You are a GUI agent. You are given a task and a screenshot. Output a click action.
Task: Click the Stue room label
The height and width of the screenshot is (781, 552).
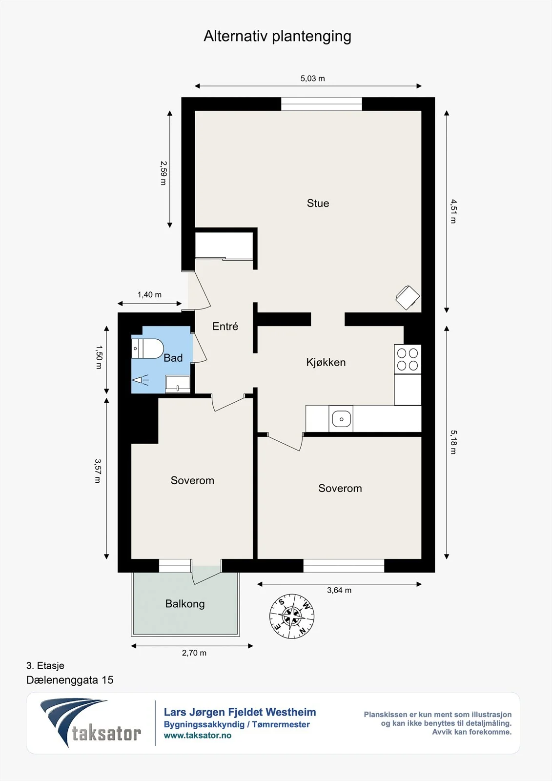[318, 203]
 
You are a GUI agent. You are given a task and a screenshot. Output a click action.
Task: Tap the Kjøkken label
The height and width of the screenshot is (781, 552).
[326, 362]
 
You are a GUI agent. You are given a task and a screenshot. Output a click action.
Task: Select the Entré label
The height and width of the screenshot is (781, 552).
[225, 326]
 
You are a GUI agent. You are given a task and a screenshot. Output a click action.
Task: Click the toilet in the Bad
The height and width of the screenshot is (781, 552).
[147, 349]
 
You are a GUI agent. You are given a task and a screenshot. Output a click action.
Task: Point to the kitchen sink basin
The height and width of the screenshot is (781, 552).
[341, 419]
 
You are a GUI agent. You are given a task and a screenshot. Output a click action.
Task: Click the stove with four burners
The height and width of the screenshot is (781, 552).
[408, 359]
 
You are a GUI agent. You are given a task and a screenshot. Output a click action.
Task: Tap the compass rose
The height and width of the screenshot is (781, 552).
[292, 616]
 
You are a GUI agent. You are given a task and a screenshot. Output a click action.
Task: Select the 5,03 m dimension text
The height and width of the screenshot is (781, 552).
[312, 79]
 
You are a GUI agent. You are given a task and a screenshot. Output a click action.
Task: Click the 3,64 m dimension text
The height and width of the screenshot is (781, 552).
[339, 590]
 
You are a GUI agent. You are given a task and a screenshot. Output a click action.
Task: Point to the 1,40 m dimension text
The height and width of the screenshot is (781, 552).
[149, 295]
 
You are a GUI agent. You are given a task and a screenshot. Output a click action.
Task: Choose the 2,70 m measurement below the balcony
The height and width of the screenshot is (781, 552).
[194, 653]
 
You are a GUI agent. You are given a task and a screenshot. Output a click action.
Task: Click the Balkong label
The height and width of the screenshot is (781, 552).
[185, 603]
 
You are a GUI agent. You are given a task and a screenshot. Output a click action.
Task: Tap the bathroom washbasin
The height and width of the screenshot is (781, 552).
[178, 384]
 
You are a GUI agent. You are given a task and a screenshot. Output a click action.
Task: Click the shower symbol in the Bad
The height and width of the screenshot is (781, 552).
[140, 380]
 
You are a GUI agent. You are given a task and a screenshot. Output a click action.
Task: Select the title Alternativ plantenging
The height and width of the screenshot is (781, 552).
[277, 36]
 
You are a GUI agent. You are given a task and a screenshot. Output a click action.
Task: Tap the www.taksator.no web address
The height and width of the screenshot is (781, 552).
[198, 735]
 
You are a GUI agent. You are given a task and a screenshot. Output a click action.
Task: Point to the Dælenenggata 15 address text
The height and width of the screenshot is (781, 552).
[70, 680]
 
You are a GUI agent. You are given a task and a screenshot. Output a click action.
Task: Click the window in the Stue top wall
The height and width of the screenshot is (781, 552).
[322, 104]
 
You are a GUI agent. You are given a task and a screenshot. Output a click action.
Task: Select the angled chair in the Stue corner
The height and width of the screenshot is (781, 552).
[407, 297]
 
